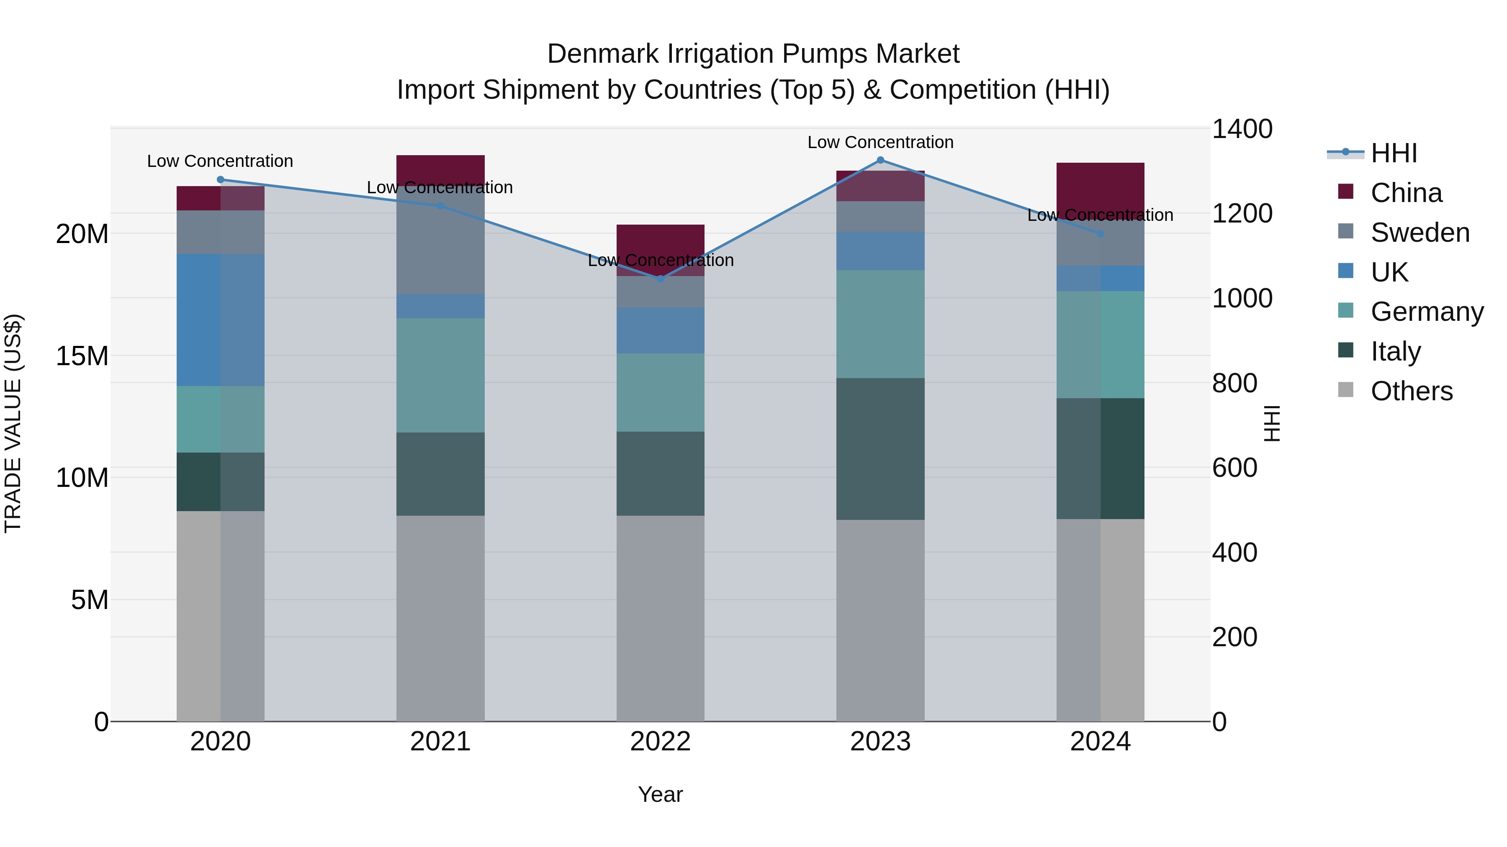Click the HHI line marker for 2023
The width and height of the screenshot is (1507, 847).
click(880, 160)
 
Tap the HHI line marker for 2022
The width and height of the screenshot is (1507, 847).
click(661, 279)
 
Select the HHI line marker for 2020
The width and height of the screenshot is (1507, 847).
click(221, 180)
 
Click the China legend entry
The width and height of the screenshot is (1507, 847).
click(1406, 193)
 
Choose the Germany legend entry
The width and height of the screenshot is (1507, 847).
click(1426, 312)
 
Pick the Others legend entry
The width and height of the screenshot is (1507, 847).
click(1411, 391)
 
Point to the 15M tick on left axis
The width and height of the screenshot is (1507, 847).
click(82, 356)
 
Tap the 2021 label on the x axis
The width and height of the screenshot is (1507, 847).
click(440, 742)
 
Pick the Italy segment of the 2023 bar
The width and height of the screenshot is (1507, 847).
click(880, 449)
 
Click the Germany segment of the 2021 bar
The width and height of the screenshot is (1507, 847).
click(440, 375)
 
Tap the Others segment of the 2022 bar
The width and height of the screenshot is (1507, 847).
click(661, 619)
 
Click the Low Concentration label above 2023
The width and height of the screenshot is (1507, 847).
click(880, 142)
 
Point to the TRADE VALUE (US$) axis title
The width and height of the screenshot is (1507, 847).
click(13, 424)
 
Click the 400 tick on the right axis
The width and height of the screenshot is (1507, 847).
click(1234, 553)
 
